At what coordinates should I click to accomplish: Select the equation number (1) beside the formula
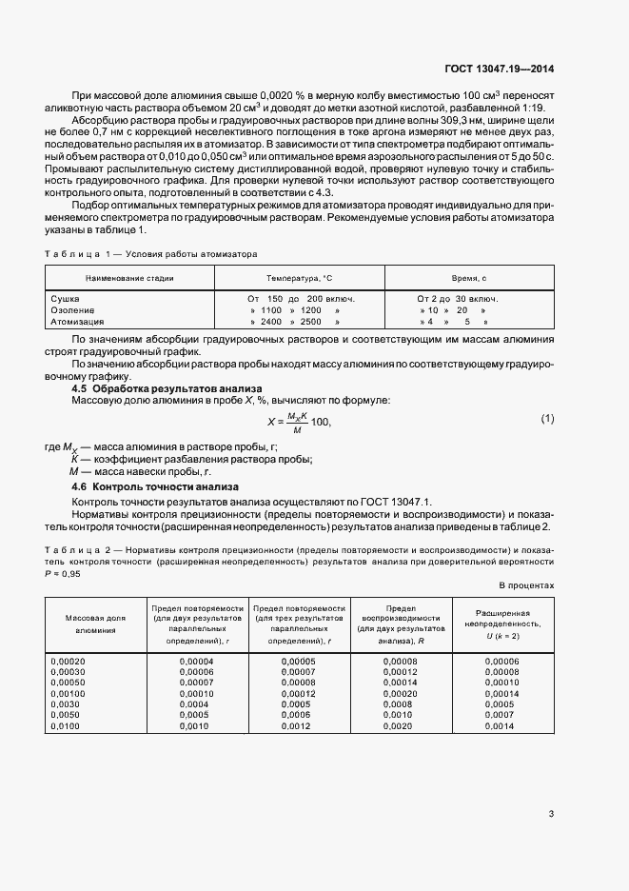pos(547,419)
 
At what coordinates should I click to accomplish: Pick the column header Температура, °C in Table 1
pos(299,277)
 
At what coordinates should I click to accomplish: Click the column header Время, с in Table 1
pos(468,277)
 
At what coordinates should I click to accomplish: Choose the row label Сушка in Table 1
pos(65,299)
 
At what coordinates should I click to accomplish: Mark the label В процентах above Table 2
pos(525,584)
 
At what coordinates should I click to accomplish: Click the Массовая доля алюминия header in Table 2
pos(94,624)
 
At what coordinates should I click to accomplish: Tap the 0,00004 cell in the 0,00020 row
pos(196,661)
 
